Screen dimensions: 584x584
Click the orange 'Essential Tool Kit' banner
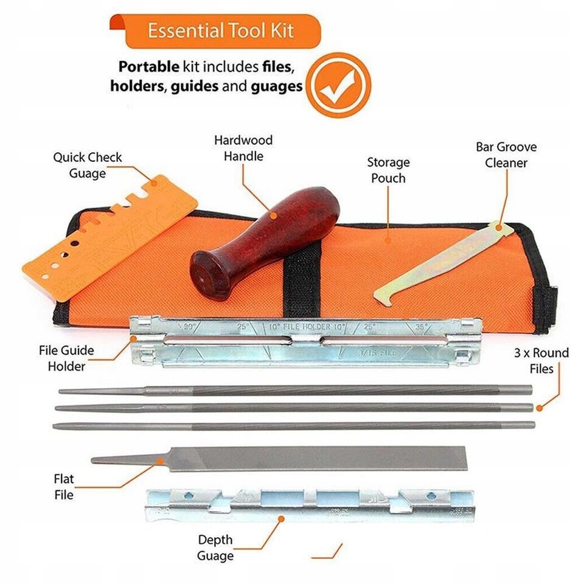click(x=222, y=31)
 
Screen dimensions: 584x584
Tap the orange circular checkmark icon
click(x=338, y=85)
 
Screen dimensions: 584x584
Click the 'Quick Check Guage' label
click(x=87, y=165)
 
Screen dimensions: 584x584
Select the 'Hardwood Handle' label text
click(x=243, y=148)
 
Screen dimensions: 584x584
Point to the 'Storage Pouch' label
click(x=388, y=170)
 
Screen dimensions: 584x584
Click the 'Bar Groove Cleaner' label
click(x=506, y=155)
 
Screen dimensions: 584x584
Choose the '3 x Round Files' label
click(x=541, y=360)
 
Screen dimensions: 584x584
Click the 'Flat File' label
click(x=63, y=487)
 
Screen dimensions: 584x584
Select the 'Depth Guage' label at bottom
click(x=215, y=547)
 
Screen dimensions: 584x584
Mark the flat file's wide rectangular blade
click(x=316, y=458)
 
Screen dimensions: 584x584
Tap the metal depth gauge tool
click(x=310, y=505)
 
